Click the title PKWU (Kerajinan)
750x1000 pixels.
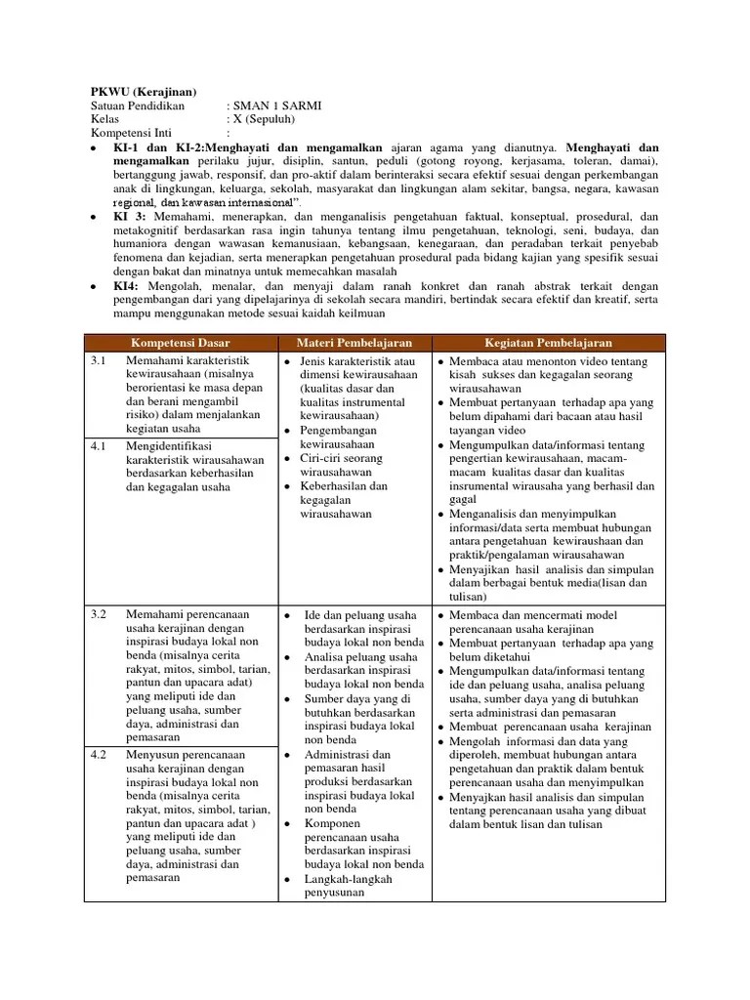pos(144,91)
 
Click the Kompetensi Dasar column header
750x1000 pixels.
pos(181,343)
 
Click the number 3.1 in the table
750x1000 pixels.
pos(98,362)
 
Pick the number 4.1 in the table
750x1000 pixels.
pos(98,444)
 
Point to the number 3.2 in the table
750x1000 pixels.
pos(98,614)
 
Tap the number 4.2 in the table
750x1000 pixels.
pos(98,755)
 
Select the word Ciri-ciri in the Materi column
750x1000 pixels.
pos(325,458)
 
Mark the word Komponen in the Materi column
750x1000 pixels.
pos(334,823)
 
